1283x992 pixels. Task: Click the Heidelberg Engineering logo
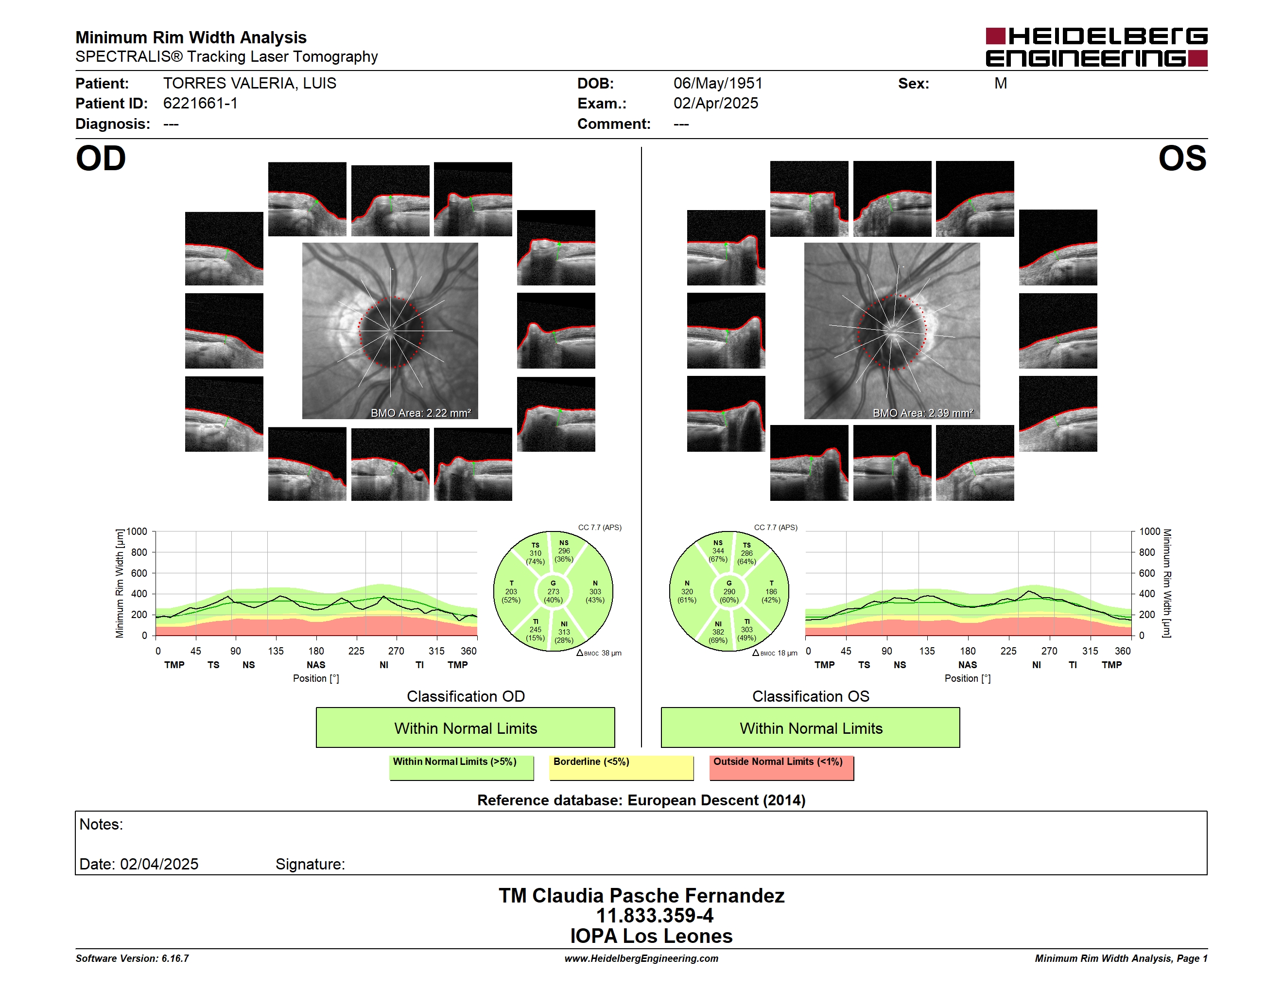1096,47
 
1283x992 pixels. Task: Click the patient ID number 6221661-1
200,104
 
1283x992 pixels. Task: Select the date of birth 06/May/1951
718,84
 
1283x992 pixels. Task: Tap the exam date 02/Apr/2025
715,104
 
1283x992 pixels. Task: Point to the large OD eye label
101,159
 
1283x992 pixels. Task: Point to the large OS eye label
1182,159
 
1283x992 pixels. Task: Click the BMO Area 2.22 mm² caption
420,413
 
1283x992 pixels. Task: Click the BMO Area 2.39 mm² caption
923,413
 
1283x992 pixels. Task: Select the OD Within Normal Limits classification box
465,727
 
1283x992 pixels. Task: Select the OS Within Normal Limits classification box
811,727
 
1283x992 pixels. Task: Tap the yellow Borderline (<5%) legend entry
622,767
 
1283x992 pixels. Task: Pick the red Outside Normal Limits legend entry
781,767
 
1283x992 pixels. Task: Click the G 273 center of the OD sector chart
553,592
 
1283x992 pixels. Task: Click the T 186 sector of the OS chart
771,592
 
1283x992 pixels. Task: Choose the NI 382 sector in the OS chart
718,632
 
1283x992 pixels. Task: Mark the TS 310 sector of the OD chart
535,553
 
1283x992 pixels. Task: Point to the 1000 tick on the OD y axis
136,532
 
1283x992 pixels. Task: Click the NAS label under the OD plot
316,665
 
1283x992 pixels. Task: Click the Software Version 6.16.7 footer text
132,958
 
